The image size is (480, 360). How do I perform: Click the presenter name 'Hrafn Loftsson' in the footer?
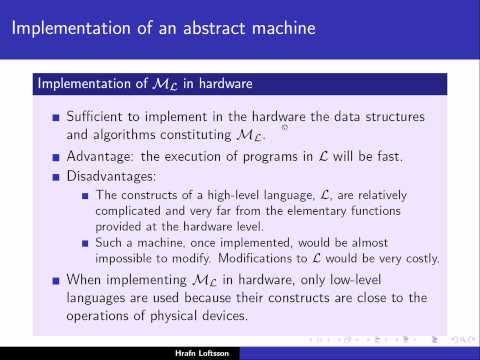[x=240, y=353]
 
